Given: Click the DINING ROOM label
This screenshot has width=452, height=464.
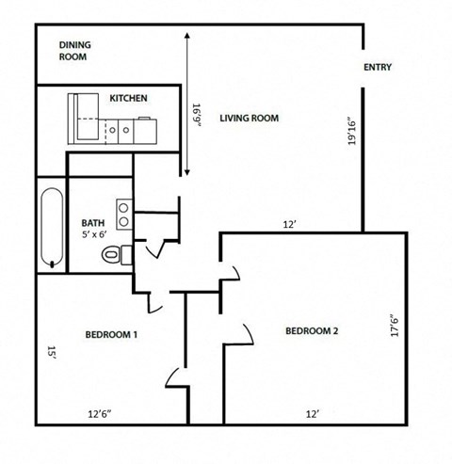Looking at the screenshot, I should (73, 51).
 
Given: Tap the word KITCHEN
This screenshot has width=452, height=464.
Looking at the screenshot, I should (128, 98).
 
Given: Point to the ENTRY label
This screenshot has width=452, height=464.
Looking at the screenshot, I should (378, 68).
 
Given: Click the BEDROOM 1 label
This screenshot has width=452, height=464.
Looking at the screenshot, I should (111, 334).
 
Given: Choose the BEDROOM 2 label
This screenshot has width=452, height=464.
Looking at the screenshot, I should (312, 330).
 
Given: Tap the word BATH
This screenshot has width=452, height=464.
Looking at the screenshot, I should (93, 223).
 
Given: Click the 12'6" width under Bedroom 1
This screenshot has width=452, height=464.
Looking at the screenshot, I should (100, 413).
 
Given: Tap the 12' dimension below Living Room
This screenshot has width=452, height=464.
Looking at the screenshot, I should (290, 224).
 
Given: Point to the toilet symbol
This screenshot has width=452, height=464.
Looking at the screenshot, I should (115, 253).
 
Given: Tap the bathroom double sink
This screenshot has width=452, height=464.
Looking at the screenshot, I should (122, 214).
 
